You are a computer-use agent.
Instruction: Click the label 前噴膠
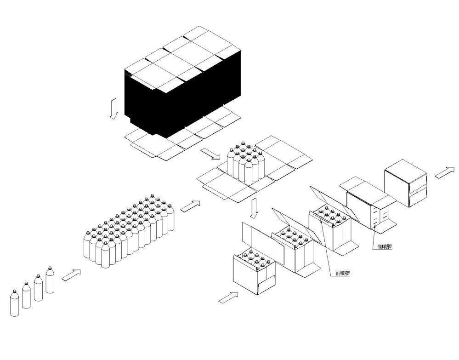pyautogui.click(x=342, y=273)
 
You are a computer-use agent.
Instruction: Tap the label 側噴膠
pyautogui.click(x=385, y=246)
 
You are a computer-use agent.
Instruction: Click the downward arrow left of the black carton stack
pyautogui.click(x=113, y=109)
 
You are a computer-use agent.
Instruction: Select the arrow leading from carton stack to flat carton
pyautogui.click(x=210, y=154)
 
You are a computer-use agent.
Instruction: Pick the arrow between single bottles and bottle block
pyautogui.click(x=71, y=275)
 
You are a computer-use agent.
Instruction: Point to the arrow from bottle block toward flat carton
pyautogui.click(x=190, y=206)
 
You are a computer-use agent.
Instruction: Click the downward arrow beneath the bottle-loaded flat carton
pyautogui.click(x=255, y=208)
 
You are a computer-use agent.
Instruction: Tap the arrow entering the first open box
pyautogui.click(x=228, y=297)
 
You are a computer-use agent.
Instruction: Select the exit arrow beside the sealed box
pyautogui.click(x=445, y=172)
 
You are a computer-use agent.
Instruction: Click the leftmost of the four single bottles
pyautogui.click(x=15, y=303)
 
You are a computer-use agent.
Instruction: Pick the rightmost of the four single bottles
pyautogui.click(x=50, y=280)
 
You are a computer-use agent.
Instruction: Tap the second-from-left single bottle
pyautogui.click(x=26, y=295)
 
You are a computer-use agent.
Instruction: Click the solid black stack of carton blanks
pyautogui.click(x=183, y=94)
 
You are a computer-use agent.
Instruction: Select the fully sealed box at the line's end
pyautogui.click(x=406, y=183)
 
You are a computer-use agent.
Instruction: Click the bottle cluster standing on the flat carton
pyautogui.click(x=246, y=163)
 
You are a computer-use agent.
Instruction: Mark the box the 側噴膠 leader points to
pyautogui.click(x=368, y=205)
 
